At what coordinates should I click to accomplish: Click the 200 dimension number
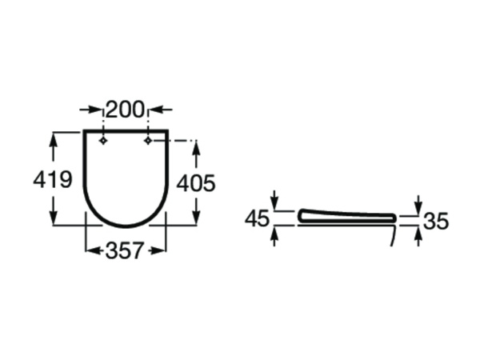(126, 110)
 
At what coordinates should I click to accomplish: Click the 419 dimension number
(53, 180)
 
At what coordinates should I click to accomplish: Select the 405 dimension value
(196, 183)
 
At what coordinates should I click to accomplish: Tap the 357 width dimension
(126, 250)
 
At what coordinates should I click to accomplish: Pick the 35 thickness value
(436, 222)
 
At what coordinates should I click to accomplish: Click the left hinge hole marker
(103, 141)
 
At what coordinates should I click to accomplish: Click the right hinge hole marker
(148, 141)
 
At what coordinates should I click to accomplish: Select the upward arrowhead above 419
(54, 137)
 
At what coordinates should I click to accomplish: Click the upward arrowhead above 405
(196, 146)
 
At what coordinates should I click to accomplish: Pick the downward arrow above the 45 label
(274, 205)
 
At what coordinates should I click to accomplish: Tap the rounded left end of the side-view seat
(302, 216)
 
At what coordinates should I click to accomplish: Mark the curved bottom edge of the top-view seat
(126, 225)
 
